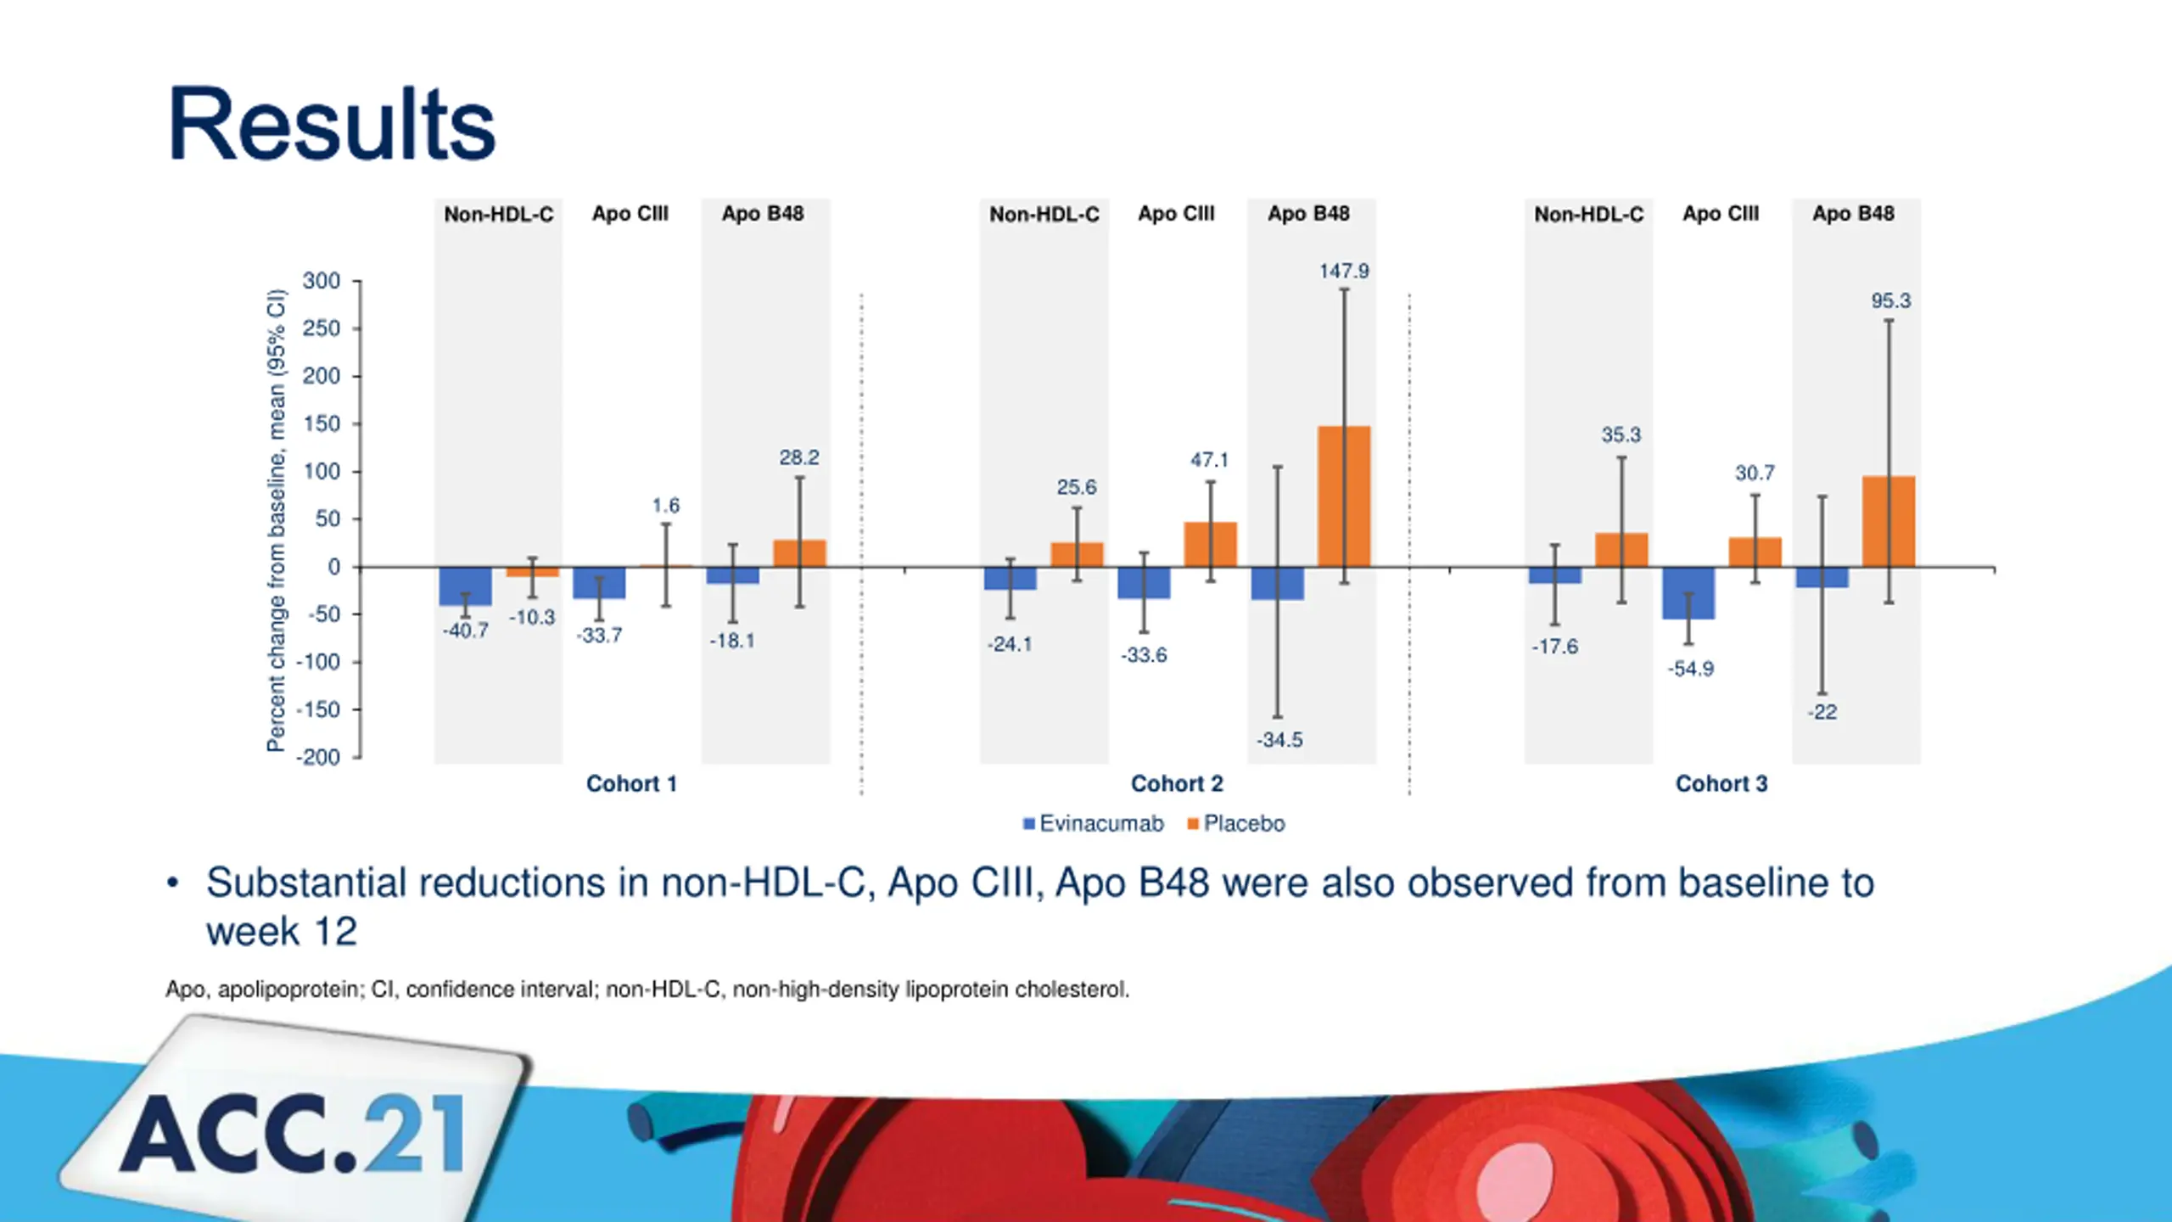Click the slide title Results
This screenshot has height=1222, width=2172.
tap(332, 124)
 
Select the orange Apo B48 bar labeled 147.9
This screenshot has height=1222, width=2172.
tap(1344, 496)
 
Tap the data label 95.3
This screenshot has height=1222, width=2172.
tap(1891, 301)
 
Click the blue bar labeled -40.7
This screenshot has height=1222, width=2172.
tap(465, 586)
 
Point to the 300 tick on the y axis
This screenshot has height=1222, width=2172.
tap(322, 281)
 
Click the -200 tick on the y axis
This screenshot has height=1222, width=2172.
tap(318, 757)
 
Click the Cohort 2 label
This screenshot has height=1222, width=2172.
tap(1177, 783)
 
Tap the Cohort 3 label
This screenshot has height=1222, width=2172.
tap(1721, 783)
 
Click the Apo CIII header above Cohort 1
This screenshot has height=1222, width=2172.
tap(630, 214)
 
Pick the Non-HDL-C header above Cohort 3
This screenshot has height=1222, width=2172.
tap(1588, 215)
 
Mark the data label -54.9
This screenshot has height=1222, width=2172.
tap(1690, 669)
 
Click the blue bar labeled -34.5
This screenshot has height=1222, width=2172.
tap(1278, 584)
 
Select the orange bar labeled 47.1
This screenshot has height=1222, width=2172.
tap(1211, 545)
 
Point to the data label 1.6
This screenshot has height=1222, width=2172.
tap(666, 506)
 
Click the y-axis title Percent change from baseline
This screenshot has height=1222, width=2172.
tap(277, 520)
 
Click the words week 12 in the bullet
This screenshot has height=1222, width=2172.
tap(282, 932)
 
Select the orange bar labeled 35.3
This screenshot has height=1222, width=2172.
tap(1621, 550)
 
